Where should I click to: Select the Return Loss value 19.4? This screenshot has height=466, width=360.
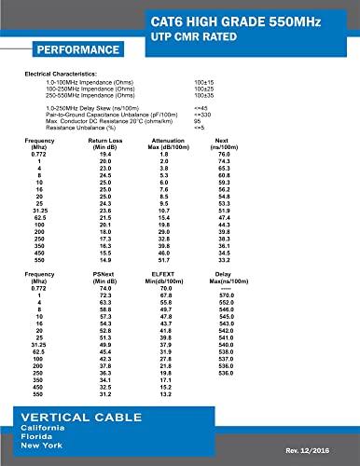point(104,154)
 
